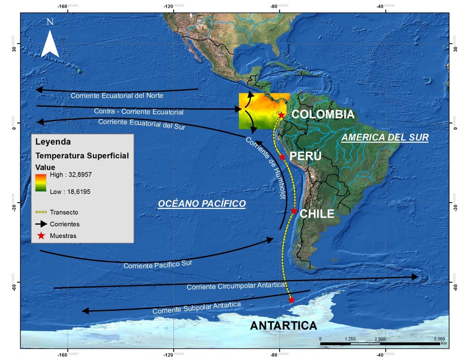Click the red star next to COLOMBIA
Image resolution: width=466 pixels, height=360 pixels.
(x=282, y=115)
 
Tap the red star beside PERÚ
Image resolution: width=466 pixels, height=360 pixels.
(x=282, y=157)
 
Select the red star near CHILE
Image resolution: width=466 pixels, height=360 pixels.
(x=294, y=211)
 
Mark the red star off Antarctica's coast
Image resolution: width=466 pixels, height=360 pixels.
(x=292, y=300)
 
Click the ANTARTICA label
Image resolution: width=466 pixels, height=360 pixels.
(x=283, y=325)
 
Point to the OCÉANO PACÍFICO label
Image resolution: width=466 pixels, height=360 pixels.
(x=202, y=203)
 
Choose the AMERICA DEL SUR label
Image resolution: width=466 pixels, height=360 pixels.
(x=385, y=137)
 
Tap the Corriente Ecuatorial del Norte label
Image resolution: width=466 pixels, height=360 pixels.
(x=116, y=95)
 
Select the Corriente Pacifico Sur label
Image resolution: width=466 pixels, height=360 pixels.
(x=158, y=264)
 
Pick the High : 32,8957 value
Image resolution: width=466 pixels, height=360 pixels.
(x=71, y=175)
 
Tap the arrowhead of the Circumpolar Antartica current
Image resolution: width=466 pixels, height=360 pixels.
(x=416, y=277)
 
